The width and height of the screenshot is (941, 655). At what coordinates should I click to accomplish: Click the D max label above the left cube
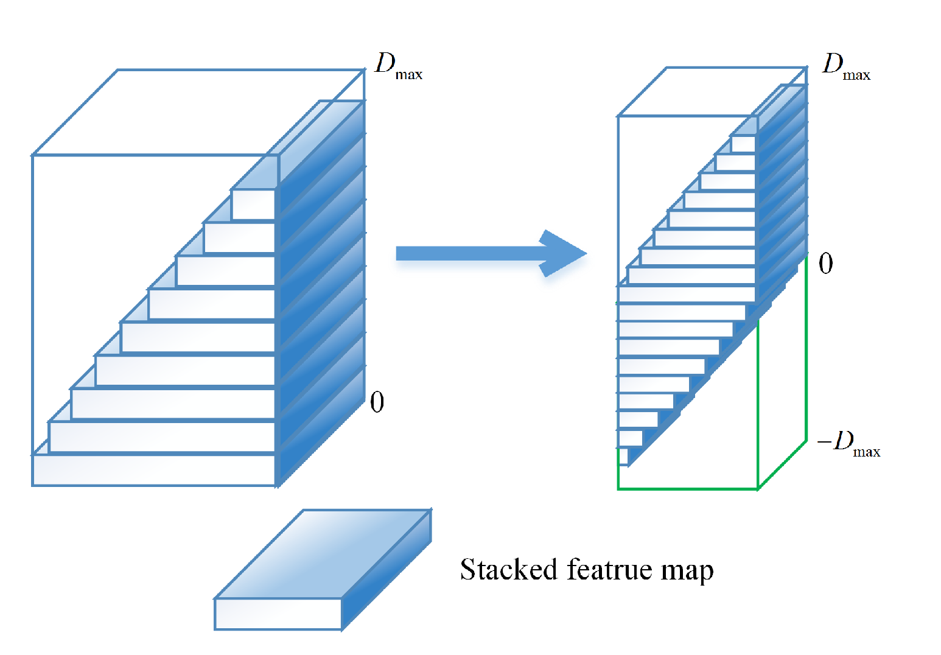398,66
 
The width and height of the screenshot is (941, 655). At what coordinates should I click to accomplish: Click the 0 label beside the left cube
377,402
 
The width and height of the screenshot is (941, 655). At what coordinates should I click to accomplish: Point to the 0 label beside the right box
825,264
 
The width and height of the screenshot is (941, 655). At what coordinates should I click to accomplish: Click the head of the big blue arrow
563,253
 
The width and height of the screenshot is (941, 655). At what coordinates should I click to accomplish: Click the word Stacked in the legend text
509,570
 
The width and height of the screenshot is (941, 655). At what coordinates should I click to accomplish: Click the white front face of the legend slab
278,614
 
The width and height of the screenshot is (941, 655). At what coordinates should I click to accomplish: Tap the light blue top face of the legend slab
323,554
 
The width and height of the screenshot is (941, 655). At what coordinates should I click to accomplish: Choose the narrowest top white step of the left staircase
253,205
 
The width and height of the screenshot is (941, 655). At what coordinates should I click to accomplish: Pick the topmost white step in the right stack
743,144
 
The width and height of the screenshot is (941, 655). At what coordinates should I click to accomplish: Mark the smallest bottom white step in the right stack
623,457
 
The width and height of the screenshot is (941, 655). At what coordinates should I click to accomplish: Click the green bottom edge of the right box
688,488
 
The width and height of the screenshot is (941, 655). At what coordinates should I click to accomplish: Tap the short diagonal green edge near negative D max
782,465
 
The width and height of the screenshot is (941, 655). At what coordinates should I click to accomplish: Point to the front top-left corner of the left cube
33,156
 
